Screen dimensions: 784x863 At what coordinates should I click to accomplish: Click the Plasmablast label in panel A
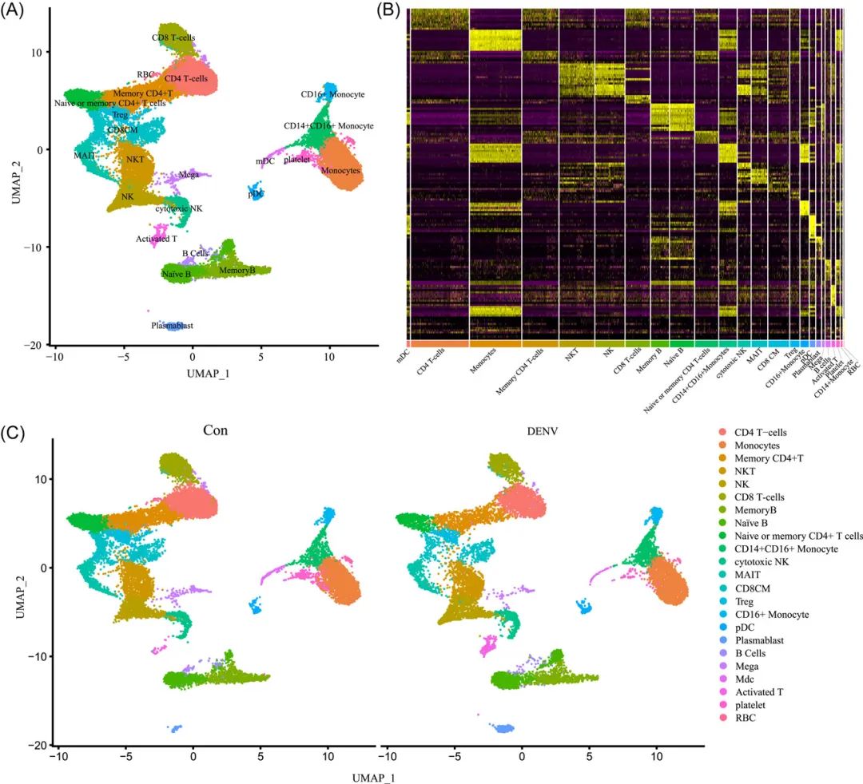(x=173, y=326)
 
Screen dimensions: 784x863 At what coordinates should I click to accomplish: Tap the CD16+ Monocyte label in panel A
(x=332, y=95)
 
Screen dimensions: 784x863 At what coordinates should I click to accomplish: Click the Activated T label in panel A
(x=157, y=239)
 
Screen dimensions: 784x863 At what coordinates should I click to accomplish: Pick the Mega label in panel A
(x=189, y=175)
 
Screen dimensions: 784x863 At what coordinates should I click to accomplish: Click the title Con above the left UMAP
(x=215, y=430)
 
